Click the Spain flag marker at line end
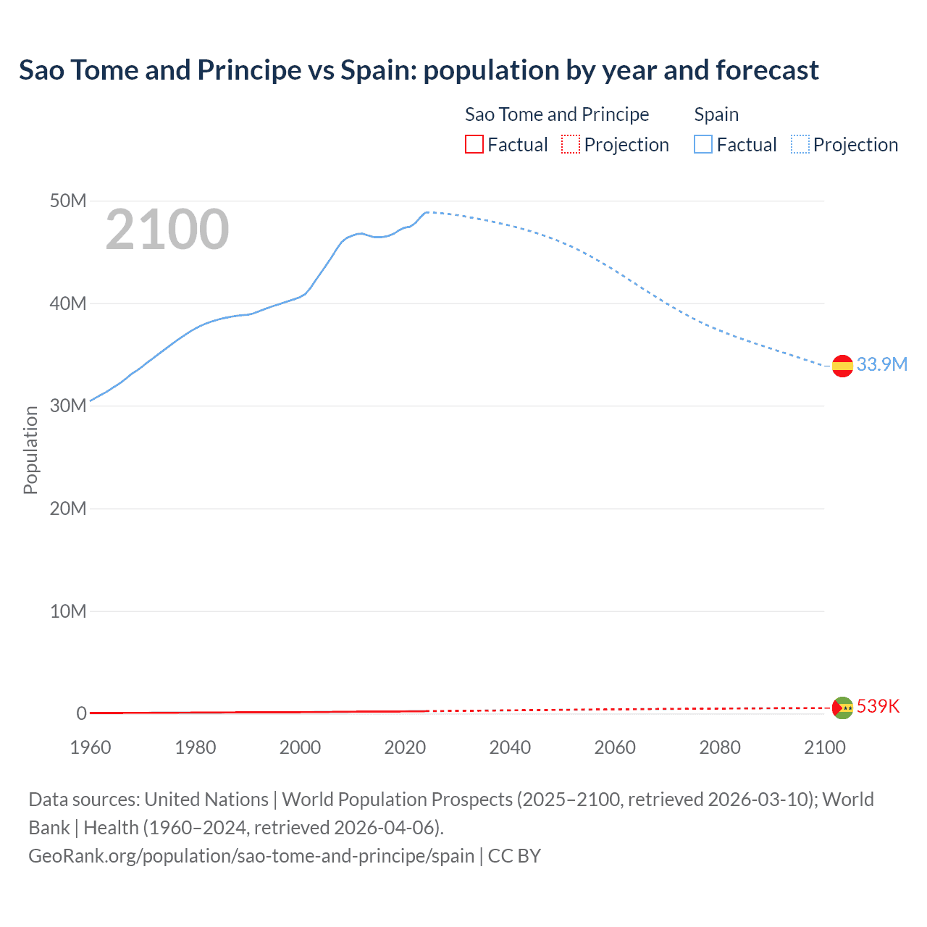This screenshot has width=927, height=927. coord(842,366)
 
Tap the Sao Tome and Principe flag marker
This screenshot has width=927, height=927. coord(842,708)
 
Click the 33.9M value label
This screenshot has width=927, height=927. coord(881,364)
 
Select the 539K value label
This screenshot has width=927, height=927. coord(878,706)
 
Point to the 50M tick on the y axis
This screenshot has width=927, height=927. coord(68,201)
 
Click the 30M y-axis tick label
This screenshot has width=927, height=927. coord(68,406)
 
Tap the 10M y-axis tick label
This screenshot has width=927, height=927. coord(68,611)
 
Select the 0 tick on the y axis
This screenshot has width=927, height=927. coord(81,713)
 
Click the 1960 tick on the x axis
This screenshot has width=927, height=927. coord(91,747)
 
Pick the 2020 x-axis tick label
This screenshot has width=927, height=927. coord(405,747)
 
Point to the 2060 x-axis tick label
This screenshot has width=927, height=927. coord(615,747)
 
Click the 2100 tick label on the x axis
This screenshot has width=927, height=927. coord(824,747)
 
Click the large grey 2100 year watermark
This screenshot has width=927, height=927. coord(167,230)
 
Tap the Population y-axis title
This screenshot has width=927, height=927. coord(30,450)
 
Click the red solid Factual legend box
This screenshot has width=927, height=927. coord(474,145)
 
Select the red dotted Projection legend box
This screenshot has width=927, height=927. coord(571,145)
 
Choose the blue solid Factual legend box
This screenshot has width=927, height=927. coord(703,145)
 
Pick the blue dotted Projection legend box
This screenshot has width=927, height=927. coord(800,145)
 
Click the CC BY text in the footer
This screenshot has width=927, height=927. coord(514,856)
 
